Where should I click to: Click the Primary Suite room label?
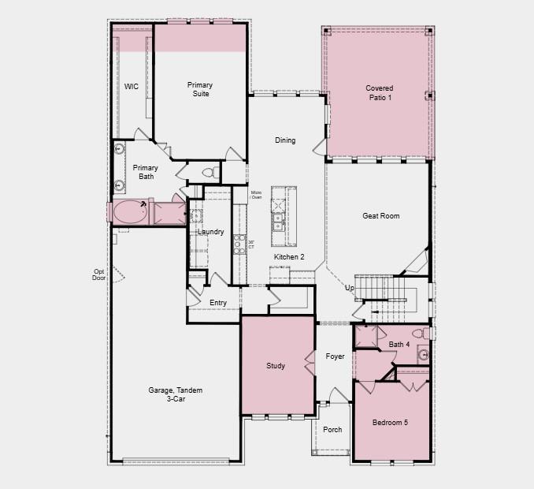click(201, 89)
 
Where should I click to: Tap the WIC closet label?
click(132, 87)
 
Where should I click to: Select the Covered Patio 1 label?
click(379, 92)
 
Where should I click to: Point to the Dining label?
click(285, 140)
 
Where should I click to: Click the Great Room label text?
click(381, 216)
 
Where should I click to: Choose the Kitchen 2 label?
click(289, 257)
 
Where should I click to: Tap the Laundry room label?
click(210, 232)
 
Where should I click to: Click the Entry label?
click(218, 303)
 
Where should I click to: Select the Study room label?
click(276, 366)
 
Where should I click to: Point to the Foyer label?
click(336, 356)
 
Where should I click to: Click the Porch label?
click(332, 430)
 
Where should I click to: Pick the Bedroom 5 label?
click(390, 423)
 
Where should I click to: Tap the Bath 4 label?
click(399, 345)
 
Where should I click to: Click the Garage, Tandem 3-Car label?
click(167, 394)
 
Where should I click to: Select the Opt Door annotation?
click(98, 274)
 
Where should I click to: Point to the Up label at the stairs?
click(349, 288)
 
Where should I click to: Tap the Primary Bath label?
click(145, 172)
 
